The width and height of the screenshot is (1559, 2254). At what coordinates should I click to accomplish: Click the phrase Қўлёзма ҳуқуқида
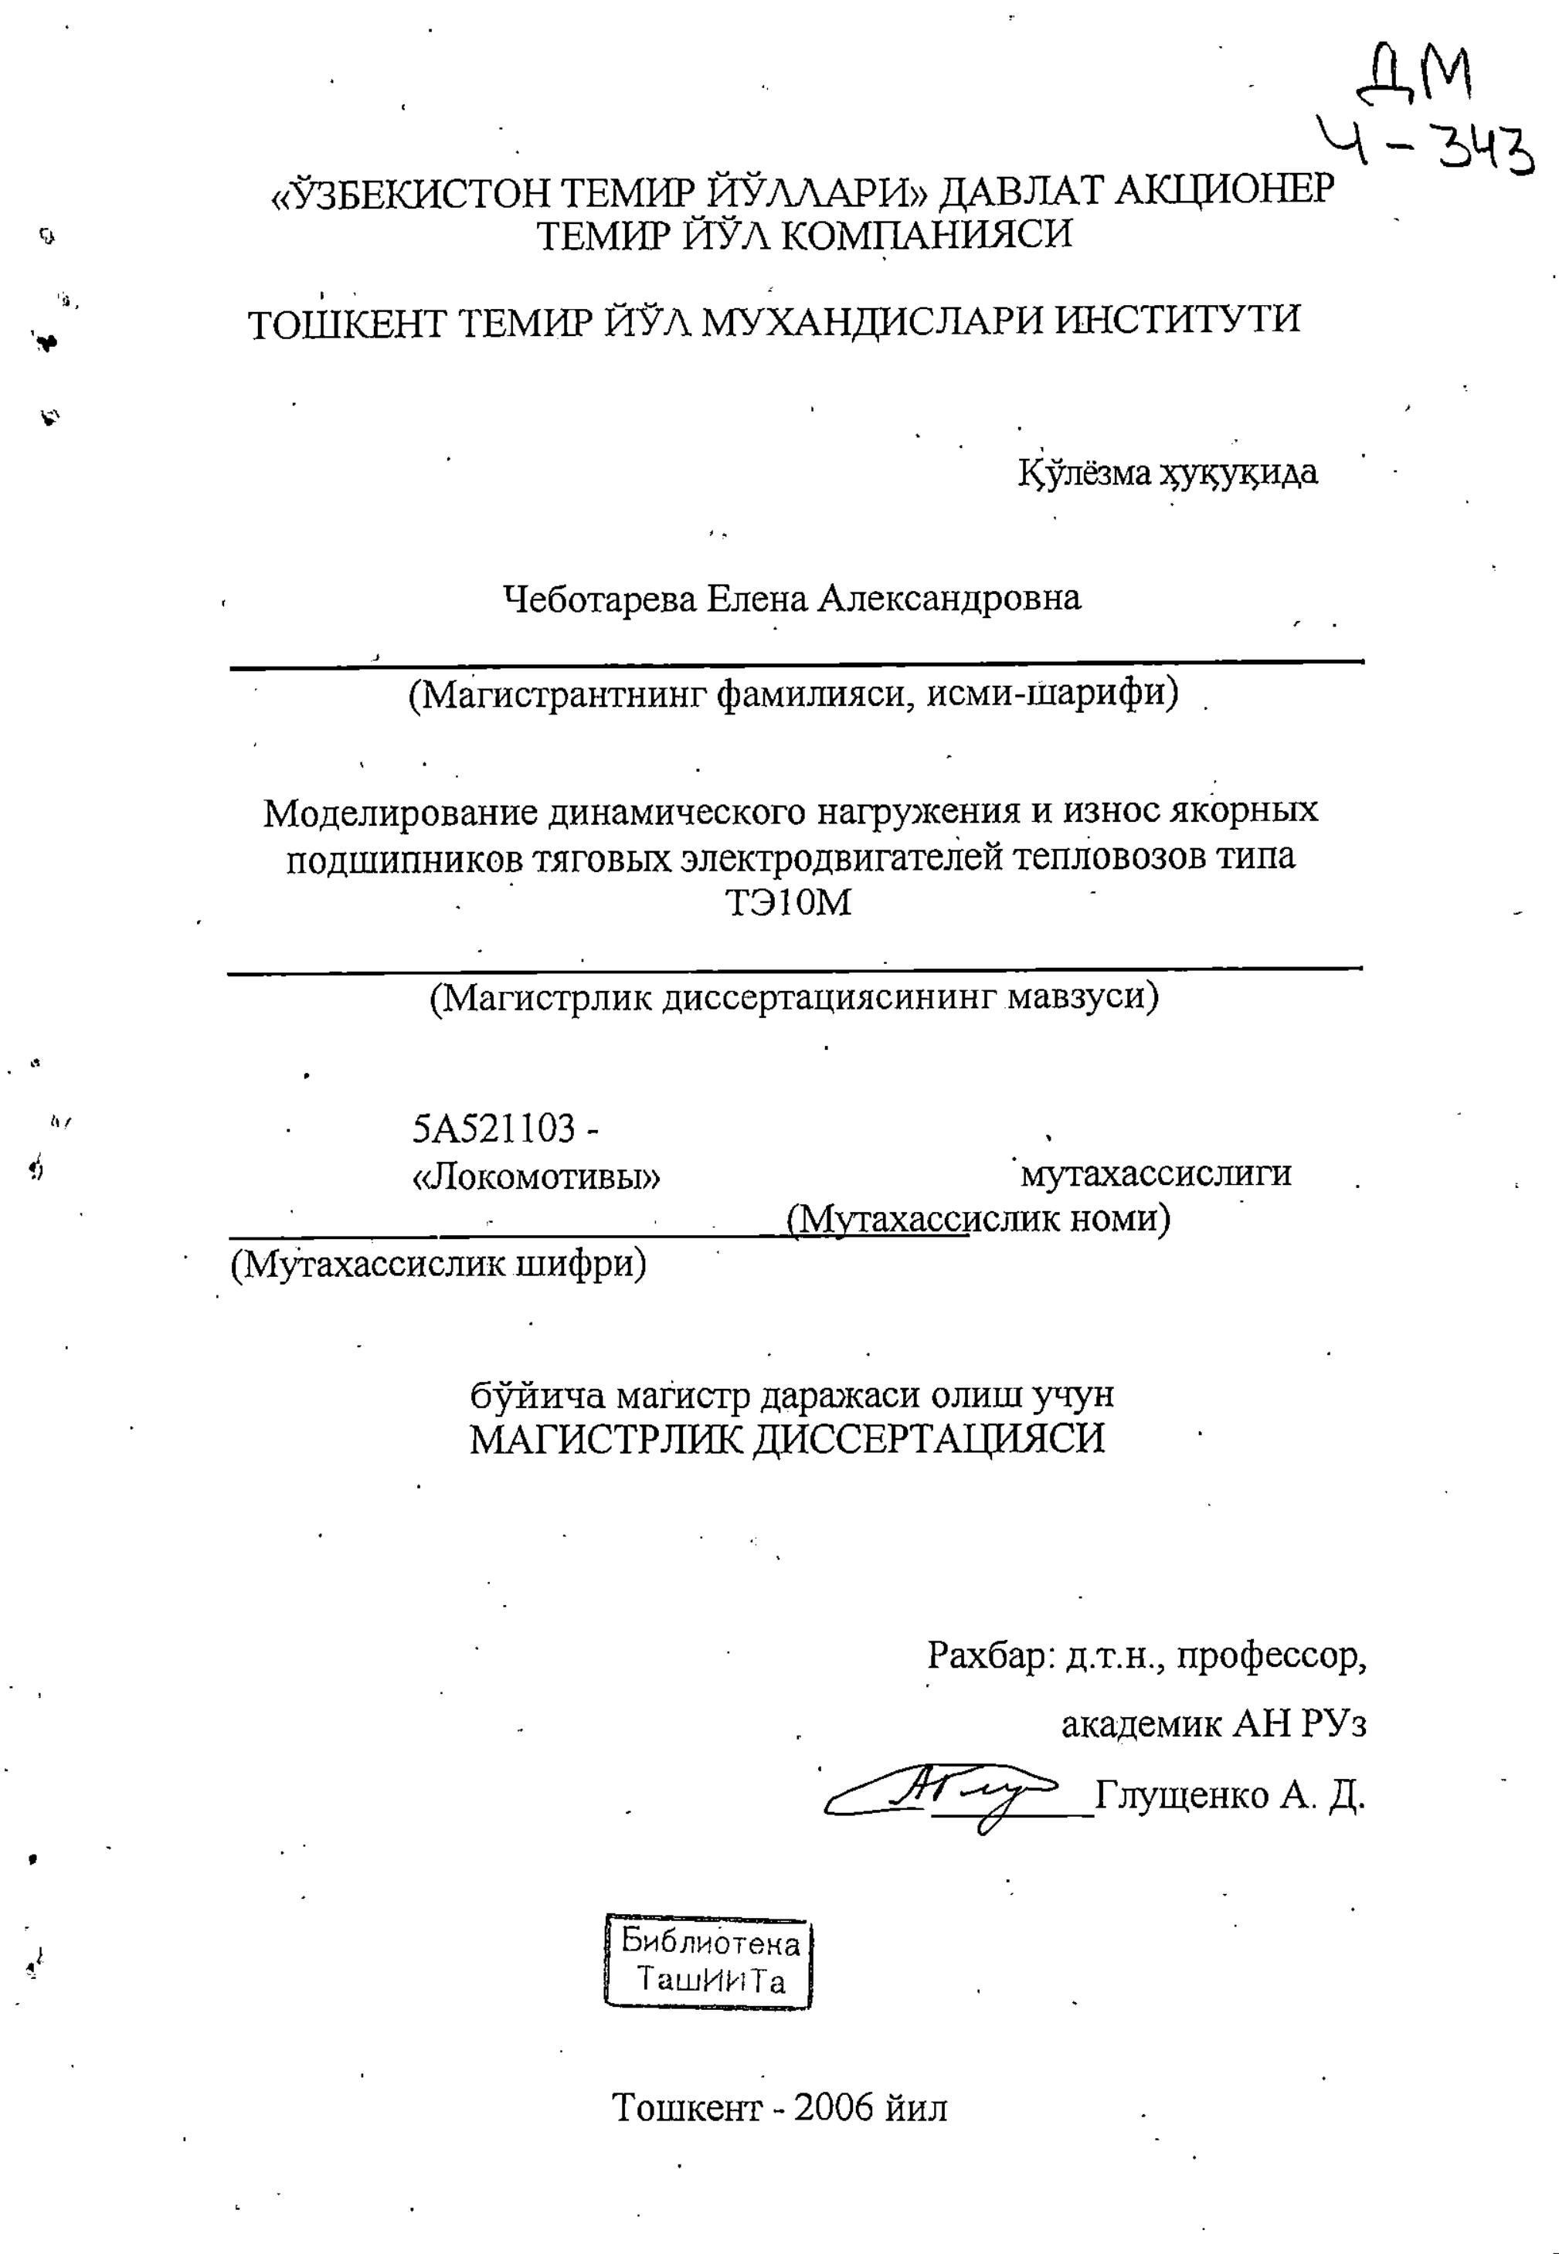click(x=1168, y=473)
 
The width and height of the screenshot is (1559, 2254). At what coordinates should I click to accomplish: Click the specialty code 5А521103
click(x=494, y=1129)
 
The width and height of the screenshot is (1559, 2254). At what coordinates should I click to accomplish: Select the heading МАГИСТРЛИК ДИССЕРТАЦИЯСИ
click(x=787, y=1440)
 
